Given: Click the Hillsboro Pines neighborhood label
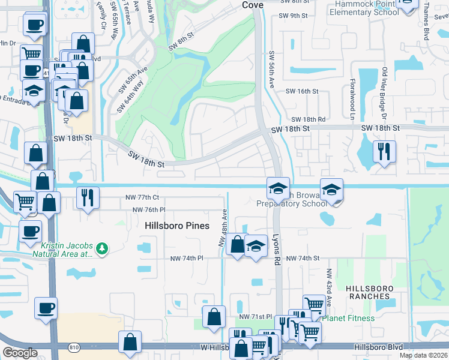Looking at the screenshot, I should click(176, 226).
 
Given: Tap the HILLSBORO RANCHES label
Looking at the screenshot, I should click(370, 293).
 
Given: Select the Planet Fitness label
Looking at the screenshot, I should click(348, 318).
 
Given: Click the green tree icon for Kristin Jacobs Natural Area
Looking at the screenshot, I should click(103, 248).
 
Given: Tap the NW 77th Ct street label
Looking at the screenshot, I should click(138, 197).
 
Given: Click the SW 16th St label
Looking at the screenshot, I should click(301, 91).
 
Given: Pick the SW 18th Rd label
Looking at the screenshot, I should click(308, 120).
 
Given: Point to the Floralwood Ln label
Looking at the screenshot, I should click(354, 98).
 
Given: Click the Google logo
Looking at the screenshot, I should click(20, 353).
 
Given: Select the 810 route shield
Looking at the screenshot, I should click(73, 346).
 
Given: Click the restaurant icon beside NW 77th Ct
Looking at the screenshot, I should click(88, 196).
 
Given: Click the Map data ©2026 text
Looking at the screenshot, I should click(423, 355).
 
